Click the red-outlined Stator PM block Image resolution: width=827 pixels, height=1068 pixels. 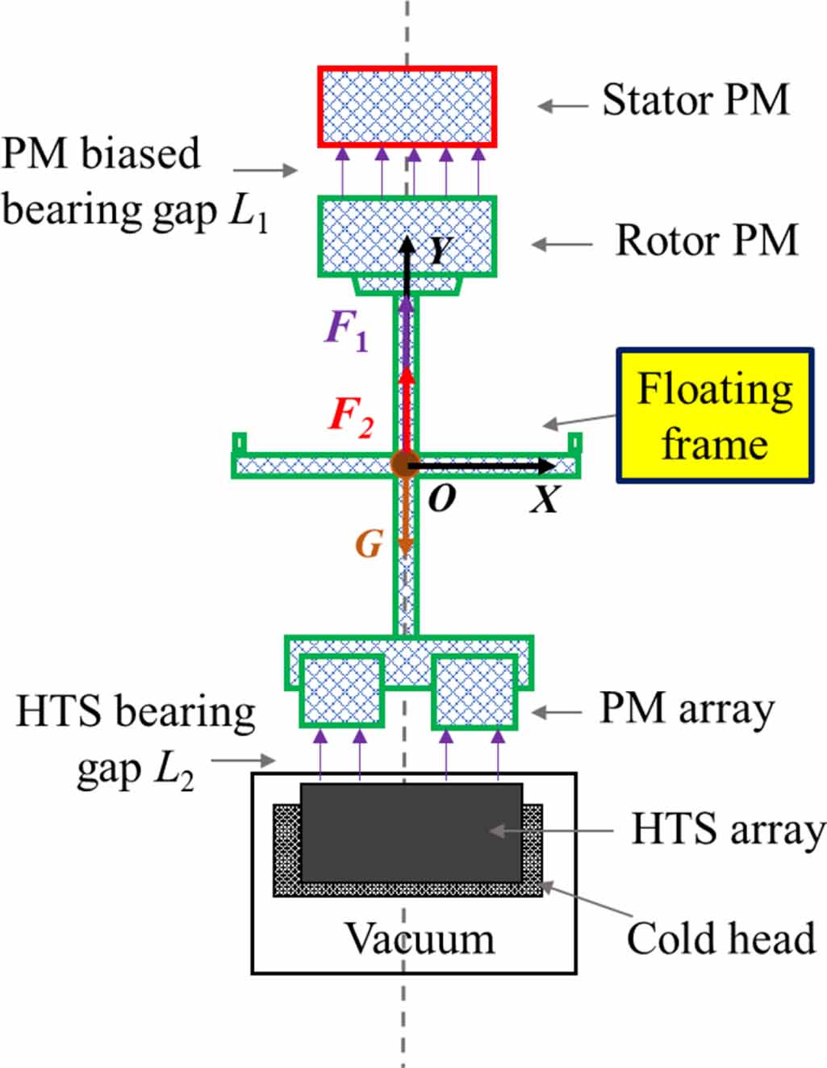(x=407, y=107)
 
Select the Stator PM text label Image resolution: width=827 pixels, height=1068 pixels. (x=695, y=100)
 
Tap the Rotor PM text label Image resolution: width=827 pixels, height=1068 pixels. (x=707, y=241)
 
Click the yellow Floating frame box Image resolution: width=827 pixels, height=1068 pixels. (x=715, y=416)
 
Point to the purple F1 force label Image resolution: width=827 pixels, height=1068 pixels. (x=347, y=329)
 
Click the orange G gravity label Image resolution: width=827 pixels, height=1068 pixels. (x=369, y=544)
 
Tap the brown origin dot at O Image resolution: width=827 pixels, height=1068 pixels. (x=404, y=465)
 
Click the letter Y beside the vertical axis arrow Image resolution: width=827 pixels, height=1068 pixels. (x=439, y=250)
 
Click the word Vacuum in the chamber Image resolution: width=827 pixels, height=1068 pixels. (x=420, y=939)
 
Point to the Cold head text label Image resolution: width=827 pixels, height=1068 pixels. (x=721, y=939)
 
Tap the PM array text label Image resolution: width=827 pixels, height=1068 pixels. (x=687, y=710)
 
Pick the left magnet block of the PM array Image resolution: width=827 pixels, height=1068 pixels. (x=342, y=691)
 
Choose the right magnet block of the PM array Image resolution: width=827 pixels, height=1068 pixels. (x=474, y=691)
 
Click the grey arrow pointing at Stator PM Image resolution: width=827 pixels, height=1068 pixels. (x=562, y=105)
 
